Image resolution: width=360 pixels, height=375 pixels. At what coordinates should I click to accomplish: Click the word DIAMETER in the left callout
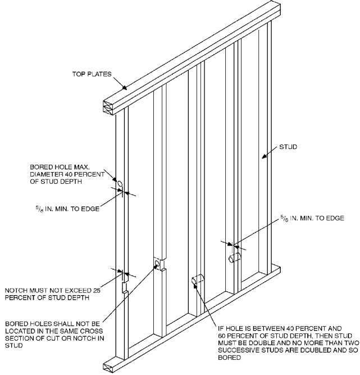tap(48, 173)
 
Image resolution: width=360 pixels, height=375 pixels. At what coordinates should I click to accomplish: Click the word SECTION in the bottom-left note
tap(20, 338)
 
